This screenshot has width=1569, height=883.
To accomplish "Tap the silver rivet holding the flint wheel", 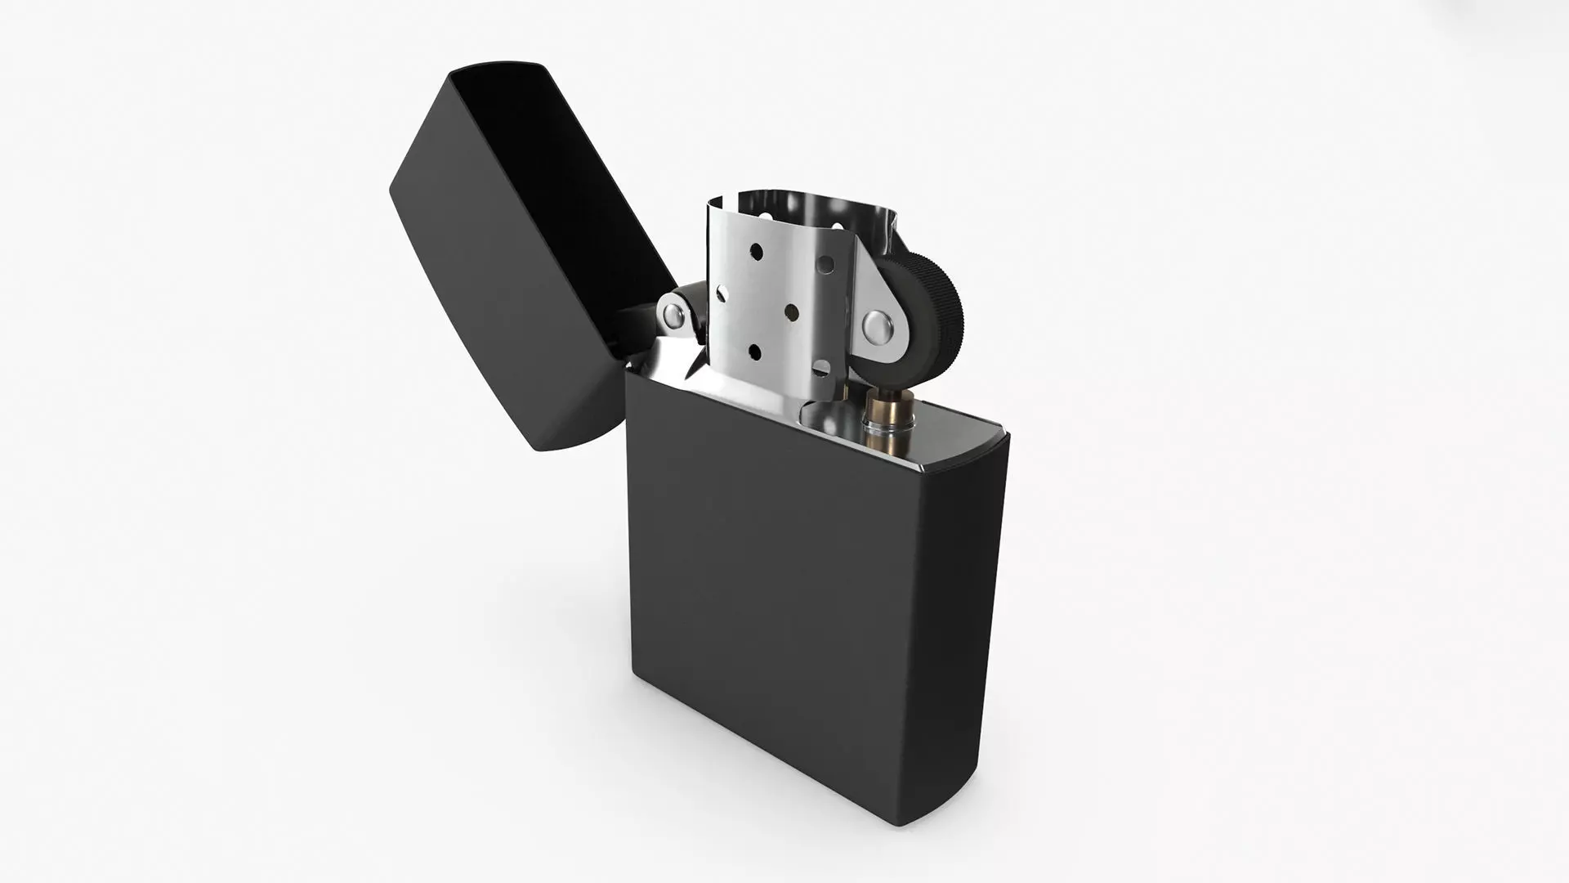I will (878, 326).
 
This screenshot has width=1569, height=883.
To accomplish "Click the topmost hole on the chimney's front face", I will (756, 247).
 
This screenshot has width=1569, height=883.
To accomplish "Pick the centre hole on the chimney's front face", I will (791, 312).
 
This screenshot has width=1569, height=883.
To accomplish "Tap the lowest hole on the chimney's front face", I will (753, 352).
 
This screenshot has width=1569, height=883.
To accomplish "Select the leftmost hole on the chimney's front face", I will (722, 290).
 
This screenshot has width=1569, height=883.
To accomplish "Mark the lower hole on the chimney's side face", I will (821, 368).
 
